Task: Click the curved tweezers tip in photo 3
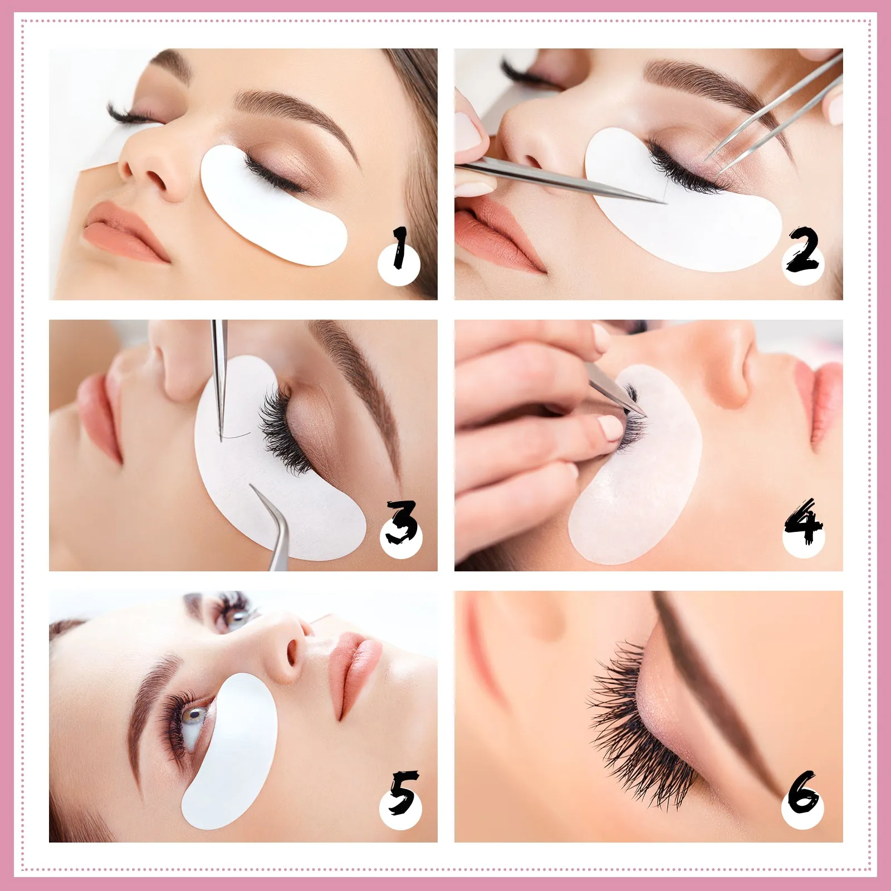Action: (x=252, y=487)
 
